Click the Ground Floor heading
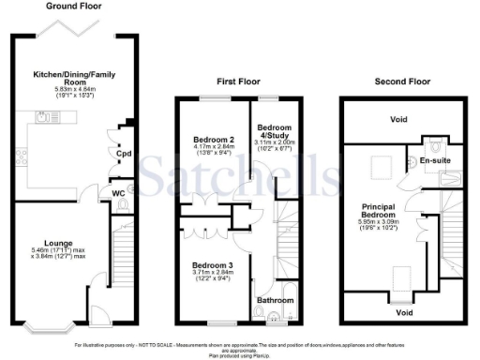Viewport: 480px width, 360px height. point(62,5)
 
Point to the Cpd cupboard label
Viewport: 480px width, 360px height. point(124,154)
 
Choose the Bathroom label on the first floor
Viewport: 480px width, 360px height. point(276,301)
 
